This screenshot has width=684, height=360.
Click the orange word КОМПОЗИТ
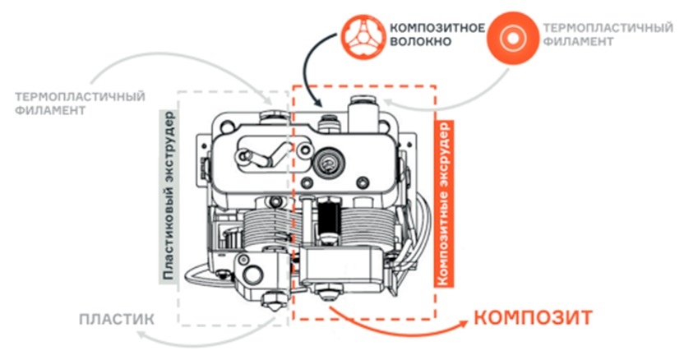(533, 318)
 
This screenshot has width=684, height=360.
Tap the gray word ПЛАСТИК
(117, 319)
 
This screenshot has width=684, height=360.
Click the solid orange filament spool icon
(513, 38)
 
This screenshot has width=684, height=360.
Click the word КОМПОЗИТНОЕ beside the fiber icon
(437, 28)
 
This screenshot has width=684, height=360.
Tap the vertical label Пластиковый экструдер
(168, 196)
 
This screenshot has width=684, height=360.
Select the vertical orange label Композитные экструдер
(444, 203)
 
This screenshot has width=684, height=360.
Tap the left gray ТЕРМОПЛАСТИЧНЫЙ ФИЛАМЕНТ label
(80, 104)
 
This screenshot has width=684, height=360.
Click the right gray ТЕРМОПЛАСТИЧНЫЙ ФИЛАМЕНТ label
(608, 35)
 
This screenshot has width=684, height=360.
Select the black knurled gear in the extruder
(330, 218)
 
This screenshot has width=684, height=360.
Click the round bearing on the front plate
(330, 162)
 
